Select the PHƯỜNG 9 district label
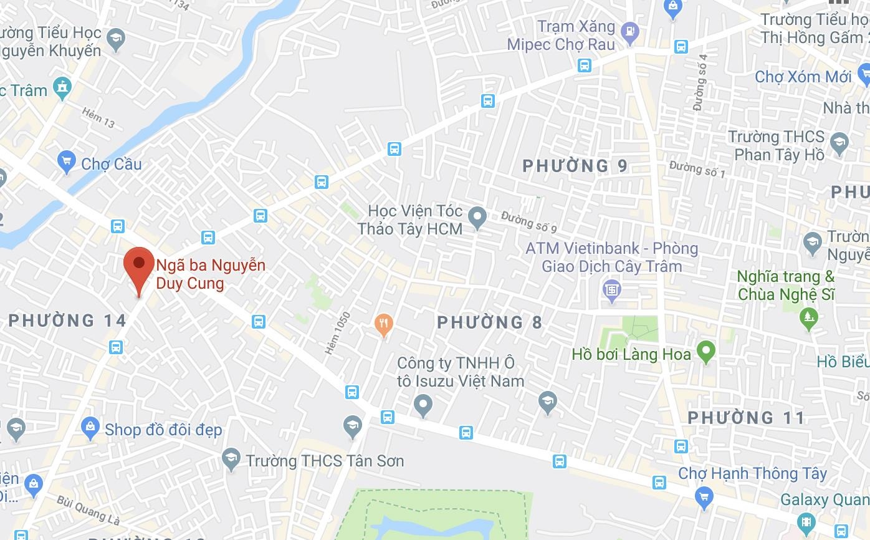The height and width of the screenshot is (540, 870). (x=575, y=166)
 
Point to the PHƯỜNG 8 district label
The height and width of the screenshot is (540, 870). (x=489, y=322)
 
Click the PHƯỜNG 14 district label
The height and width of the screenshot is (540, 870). (x=67, y=321)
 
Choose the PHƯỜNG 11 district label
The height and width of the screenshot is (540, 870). (x=747, y=417)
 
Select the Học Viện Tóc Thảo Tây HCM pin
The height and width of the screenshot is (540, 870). (x=477, y=217)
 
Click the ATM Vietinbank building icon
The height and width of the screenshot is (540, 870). (x=611, y=289)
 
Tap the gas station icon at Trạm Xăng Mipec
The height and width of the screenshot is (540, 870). (x=631, y=30)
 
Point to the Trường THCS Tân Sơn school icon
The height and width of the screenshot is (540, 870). (x=231, y=460)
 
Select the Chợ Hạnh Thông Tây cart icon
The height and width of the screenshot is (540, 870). (x=704, y=497)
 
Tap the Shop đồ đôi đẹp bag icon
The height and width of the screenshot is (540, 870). (x=90, y=427)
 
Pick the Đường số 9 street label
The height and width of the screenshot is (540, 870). (x=528, y=219)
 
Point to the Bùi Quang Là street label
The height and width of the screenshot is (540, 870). (x=87, y=510)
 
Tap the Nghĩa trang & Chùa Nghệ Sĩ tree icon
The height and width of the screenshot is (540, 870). (x=809, y=317)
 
